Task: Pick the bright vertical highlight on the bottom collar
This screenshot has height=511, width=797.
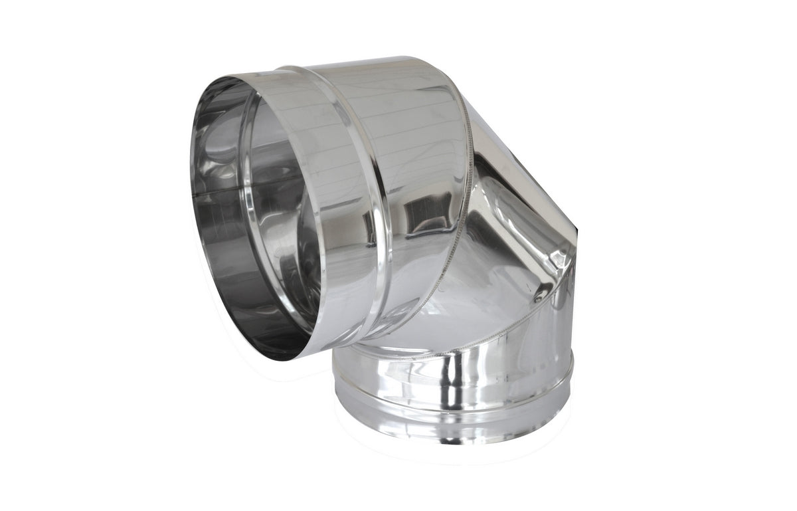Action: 452,385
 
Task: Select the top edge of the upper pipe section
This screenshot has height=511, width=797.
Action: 372,61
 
